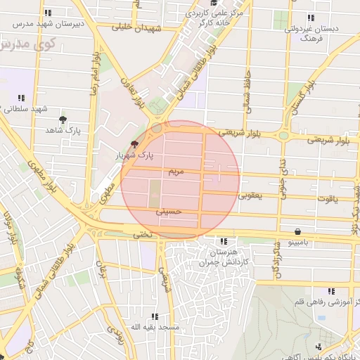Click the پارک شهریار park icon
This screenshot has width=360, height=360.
134,143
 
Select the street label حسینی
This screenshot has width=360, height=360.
172,210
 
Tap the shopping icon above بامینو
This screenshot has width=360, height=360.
298,231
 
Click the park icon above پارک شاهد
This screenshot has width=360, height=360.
63,120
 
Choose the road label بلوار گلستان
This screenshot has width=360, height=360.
298,103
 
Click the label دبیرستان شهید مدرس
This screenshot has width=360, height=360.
45,23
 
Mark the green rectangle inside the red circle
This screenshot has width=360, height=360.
154,189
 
